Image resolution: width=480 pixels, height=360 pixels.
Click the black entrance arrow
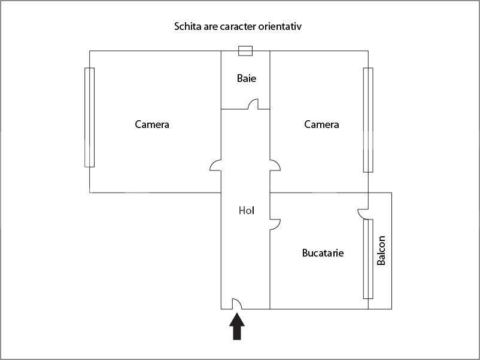point(237,327)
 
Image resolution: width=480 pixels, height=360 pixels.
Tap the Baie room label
point(247,78)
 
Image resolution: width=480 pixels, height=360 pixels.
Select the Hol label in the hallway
point(247,210)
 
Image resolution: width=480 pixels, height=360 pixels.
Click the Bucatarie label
point(323,253)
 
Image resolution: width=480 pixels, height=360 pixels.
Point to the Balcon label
point(381,251)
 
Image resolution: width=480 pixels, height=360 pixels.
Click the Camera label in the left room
point(152,124)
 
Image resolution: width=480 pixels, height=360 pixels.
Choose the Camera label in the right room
point(321,124)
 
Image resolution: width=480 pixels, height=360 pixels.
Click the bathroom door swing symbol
point(253,104)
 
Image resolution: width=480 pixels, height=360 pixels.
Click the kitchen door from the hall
point(275,224)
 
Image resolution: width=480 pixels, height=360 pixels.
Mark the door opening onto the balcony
point(363,214)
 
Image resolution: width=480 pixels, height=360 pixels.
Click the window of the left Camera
point(89,117)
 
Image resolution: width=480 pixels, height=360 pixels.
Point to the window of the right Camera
point(368,120)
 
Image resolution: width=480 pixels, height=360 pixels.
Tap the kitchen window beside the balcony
point(368,259)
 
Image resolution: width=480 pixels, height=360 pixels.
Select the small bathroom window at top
point(245,51)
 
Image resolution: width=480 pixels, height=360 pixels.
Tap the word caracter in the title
point(238,26)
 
